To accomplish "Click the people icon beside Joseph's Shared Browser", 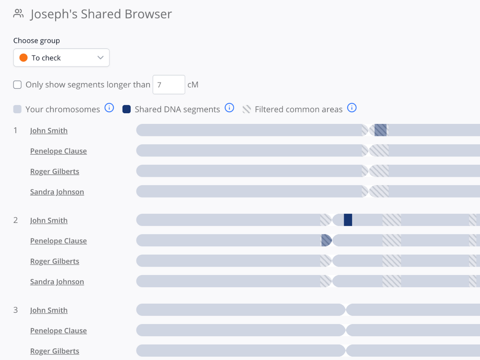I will [18, 14].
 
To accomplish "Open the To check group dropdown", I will [61, 58].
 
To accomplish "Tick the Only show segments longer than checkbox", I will [17, 85].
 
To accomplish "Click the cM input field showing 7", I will [168, 85].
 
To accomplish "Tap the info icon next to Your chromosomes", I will [109, 108].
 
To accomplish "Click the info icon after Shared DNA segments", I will [229, 108].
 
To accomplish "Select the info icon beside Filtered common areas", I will [352, 108].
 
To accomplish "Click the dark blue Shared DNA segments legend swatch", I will [126, 109].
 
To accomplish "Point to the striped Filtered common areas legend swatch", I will [246, 109].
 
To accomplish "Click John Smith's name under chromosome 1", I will [49, 130].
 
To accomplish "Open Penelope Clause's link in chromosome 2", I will [58, 241].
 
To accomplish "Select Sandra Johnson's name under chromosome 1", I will [57, 192].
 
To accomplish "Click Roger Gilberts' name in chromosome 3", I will [54, 351].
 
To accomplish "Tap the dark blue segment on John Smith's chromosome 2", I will [348, 220].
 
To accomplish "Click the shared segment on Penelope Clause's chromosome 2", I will [326, 240].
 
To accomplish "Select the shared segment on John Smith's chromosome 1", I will [380, 130].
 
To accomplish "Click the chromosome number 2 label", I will [16, 220].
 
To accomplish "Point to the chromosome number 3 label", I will [16, 310].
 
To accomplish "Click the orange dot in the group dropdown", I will [24, 58].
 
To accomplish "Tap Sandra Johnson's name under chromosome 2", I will [57, 282].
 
